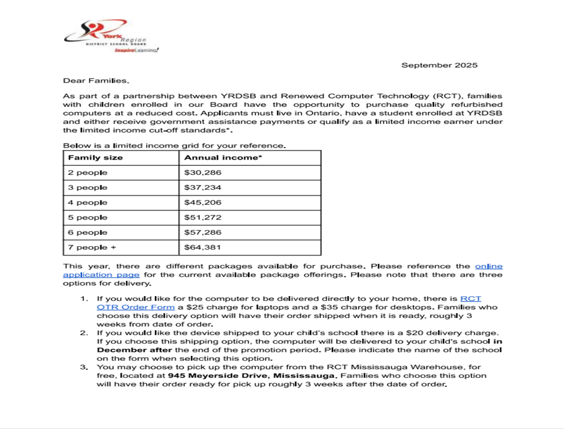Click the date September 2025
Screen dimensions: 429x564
tap(439, 65)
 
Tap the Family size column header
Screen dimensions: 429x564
tap(96, 158)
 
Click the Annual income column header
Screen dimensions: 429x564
tap(223, 158)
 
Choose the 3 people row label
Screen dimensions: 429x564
tap(88, 188)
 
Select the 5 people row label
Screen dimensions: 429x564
tap(88, 218)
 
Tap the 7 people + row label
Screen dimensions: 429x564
tap(92, 247)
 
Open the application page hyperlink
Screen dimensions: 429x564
tap(102, 275)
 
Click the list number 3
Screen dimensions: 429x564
tap(84, 367)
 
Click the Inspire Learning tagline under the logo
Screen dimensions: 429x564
tap(136, 50)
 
